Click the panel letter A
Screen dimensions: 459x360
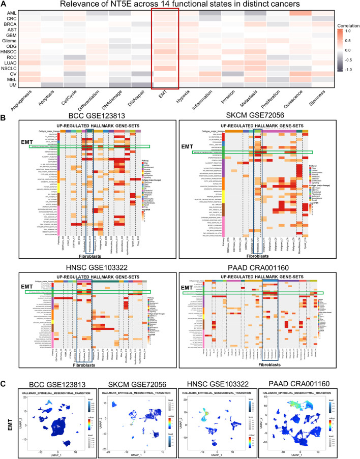4,5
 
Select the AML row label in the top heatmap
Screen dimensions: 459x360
11,12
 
